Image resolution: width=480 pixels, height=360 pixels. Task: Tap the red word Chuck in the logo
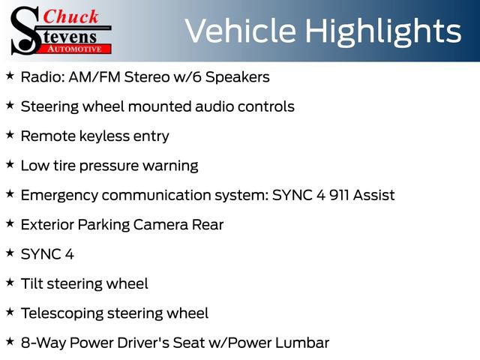[72, 16]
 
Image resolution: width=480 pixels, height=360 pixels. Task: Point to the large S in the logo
[24, 30]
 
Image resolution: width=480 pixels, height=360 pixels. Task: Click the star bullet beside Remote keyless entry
[10, 135]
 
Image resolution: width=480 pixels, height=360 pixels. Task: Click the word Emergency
[58, 195]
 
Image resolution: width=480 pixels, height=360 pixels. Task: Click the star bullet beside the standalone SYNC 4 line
[10, 253]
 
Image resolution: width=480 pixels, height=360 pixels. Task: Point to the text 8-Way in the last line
[42, 343]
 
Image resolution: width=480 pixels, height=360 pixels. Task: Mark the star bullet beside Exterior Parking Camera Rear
[10, 223]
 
